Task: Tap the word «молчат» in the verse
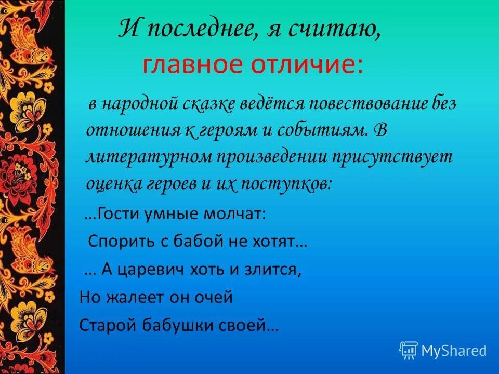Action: coord(239,215)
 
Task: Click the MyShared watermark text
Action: coord(454,351)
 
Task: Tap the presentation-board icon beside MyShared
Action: coord(409,351)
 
